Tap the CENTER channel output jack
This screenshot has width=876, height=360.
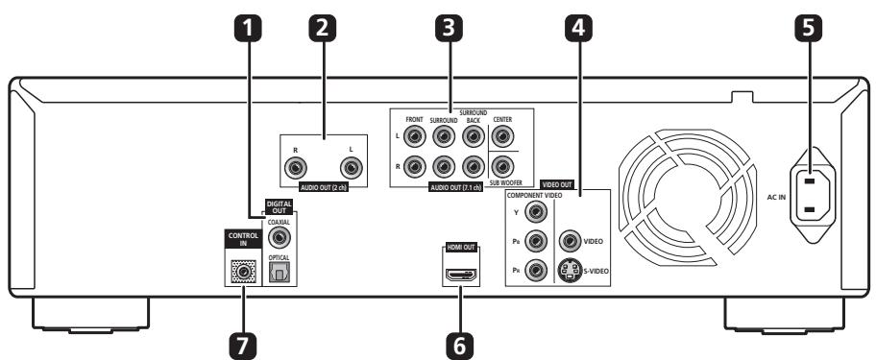tap(502, 135)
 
